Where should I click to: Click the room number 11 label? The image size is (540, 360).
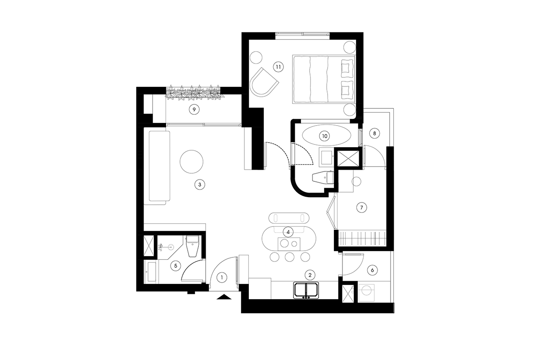pos(279,67)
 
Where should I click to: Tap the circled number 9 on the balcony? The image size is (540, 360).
pos(194,110)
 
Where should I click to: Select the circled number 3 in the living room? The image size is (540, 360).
pos(200,184)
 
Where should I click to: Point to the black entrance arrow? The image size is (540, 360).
pos(224,297)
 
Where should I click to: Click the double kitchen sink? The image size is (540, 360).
pos(306,290)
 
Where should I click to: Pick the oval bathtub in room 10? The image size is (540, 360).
pos(326,136)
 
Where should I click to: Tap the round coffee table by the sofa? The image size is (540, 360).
pos(191,162)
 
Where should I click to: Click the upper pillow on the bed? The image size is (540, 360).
pos(347,66)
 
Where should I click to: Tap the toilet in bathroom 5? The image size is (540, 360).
pos(193,246)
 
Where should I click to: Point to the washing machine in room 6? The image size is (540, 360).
pos(366,292)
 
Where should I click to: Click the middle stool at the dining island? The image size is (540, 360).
pos(289,257)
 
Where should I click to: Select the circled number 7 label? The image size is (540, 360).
pos(361,207)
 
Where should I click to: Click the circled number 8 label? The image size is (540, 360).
pos(374,133)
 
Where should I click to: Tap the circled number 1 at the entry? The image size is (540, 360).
pos(222,277)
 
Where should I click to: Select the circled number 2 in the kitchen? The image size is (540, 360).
pos(310,274)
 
